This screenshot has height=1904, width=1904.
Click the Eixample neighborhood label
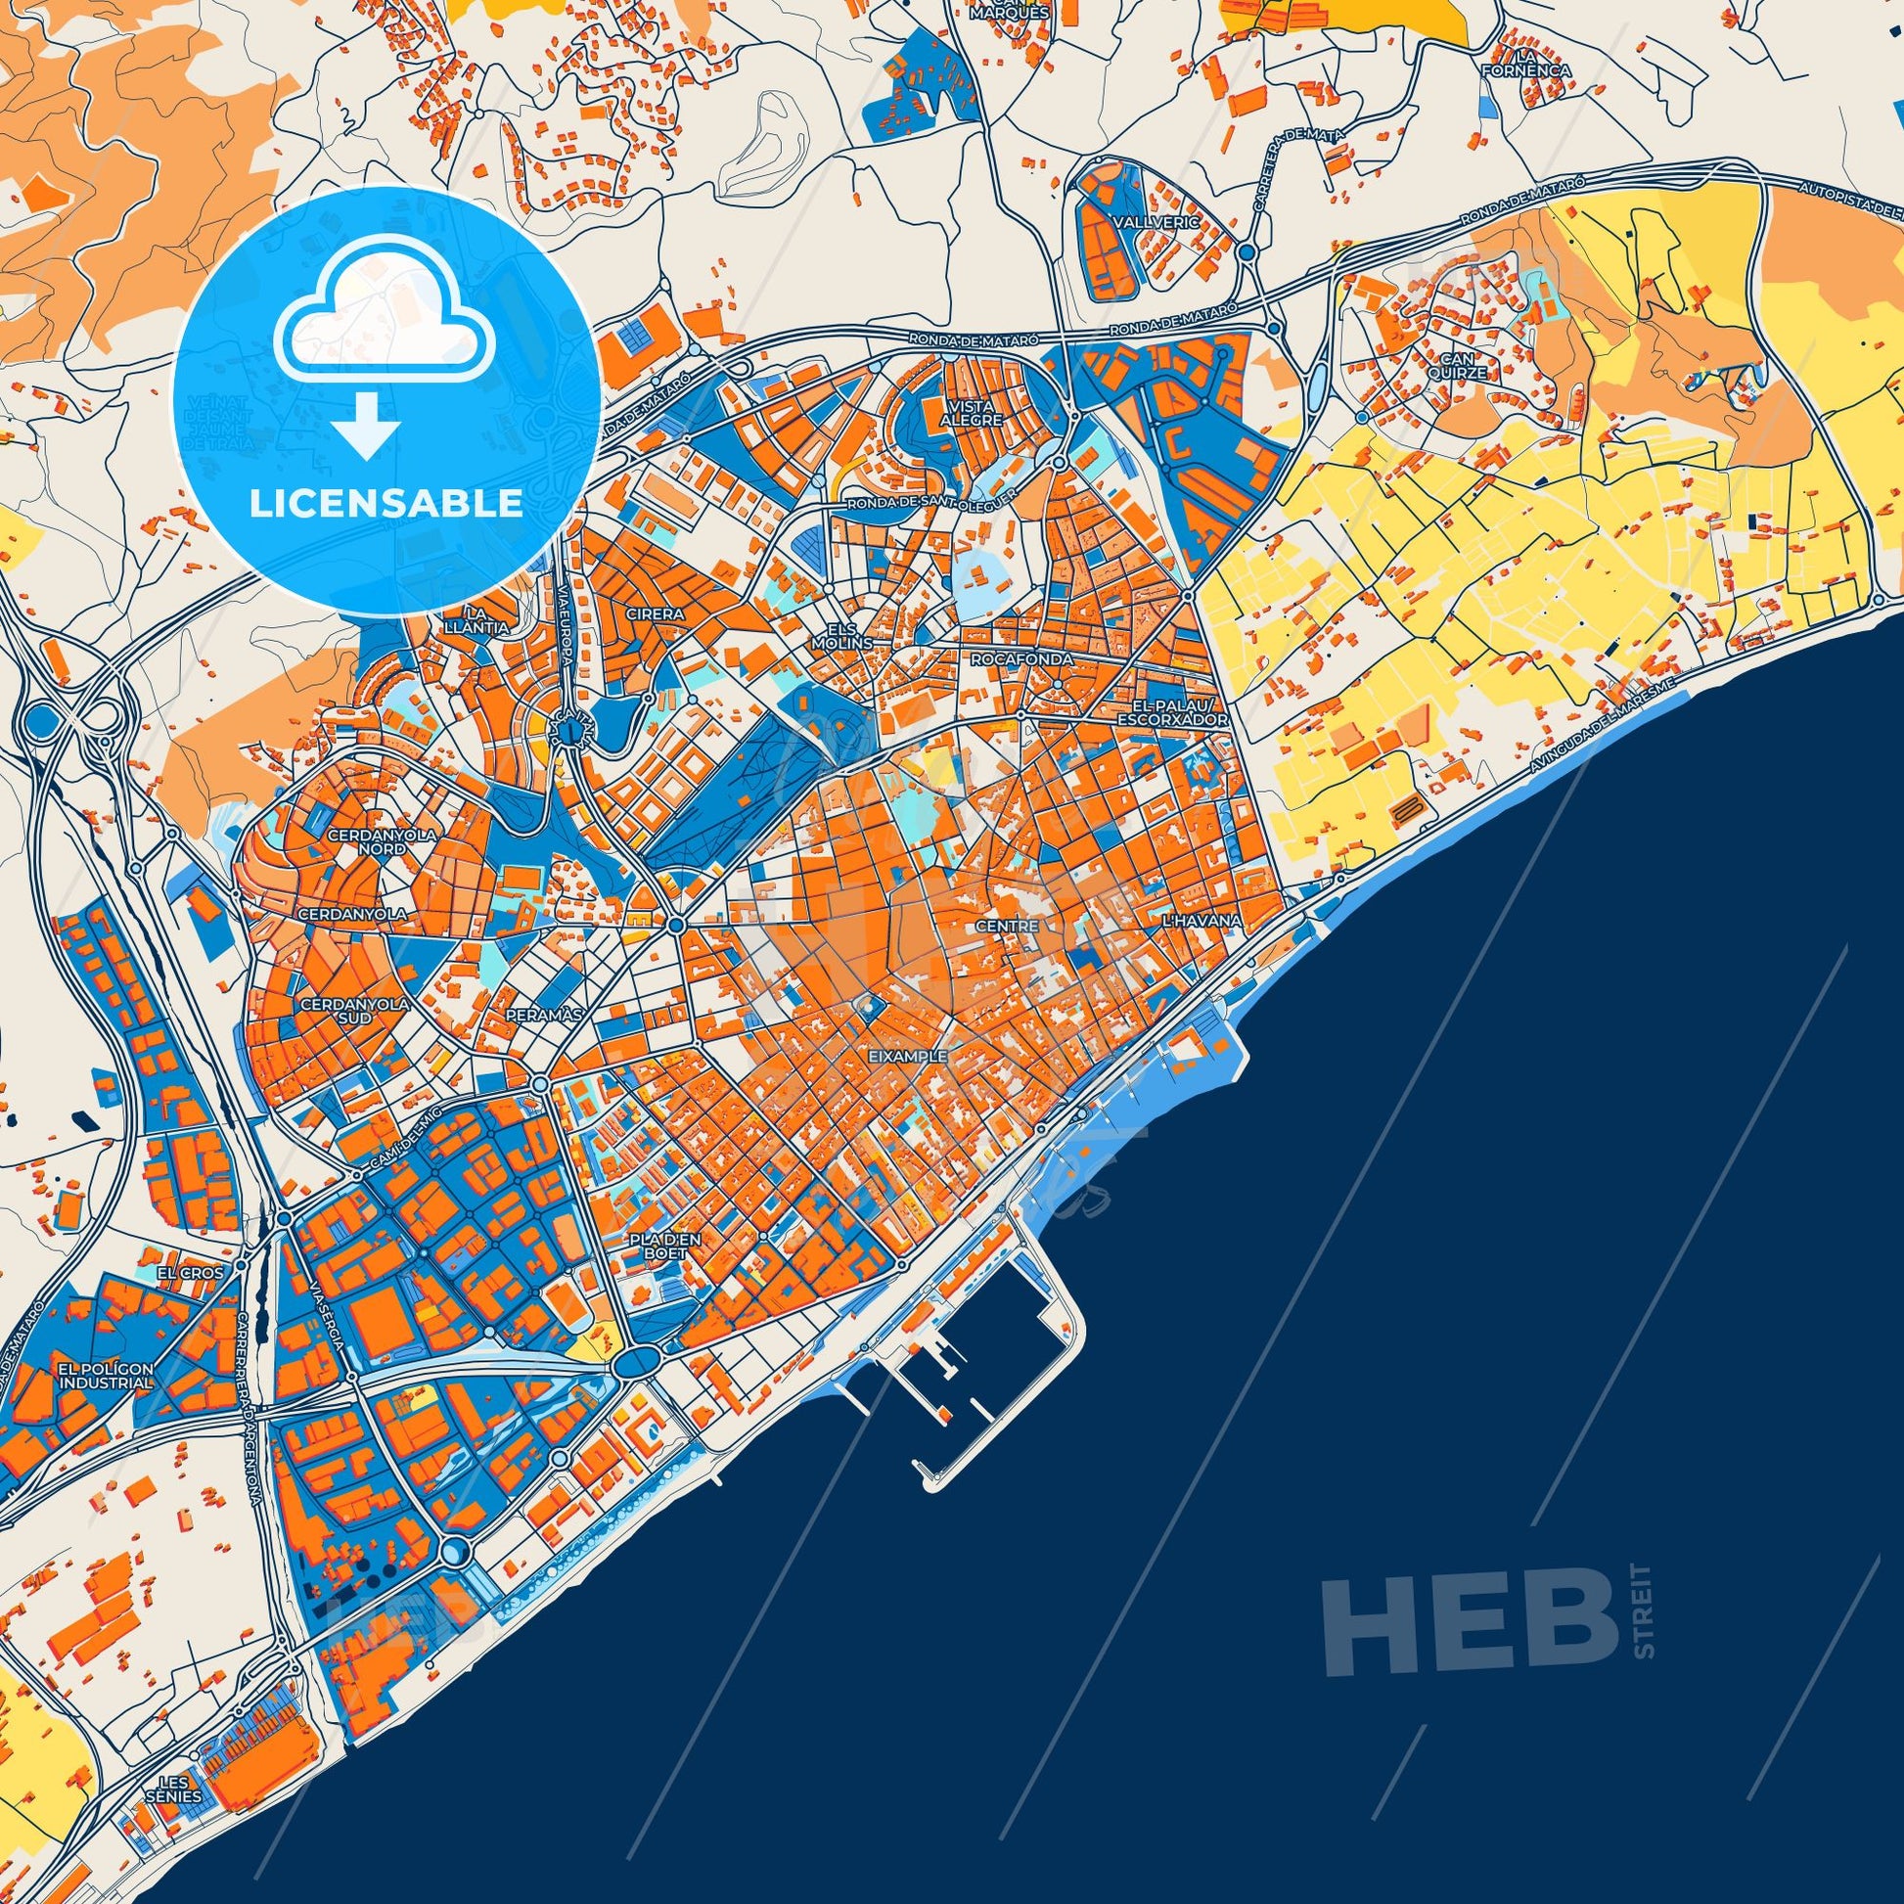point(908,1056)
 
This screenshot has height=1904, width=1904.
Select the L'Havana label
point(1201,921)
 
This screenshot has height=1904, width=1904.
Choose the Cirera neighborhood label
point(654,613)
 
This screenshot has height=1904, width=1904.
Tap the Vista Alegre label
point(976,412)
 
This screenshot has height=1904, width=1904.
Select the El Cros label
point(190,1272)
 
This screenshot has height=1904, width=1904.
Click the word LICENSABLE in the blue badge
point(385,504)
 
